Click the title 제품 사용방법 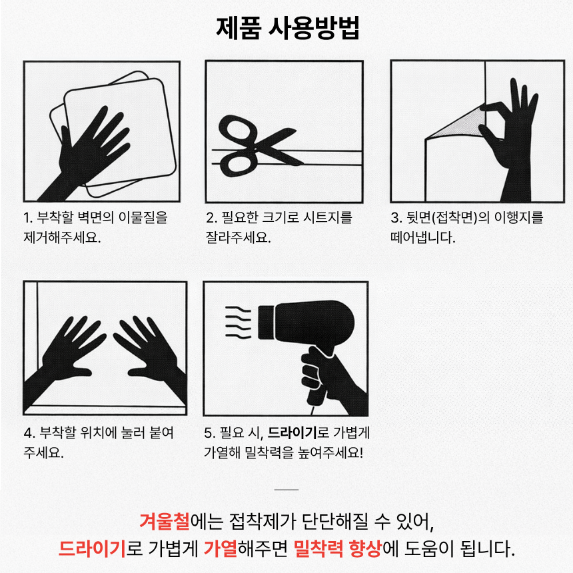(x=288, y=28)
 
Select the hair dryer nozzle (x=266, y=322)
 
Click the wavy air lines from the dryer (x=238, y=322)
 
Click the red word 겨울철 (x=165, y=521)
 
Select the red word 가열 (x=221, y=548)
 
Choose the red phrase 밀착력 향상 (x=337, y=548)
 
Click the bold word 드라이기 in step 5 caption (x=292, y=433)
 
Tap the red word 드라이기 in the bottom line (x=92, y=548)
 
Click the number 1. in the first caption (x=28, y=218)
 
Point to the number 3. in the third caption (x=396, y=218)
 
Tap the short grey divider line (x=286, y=489)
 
